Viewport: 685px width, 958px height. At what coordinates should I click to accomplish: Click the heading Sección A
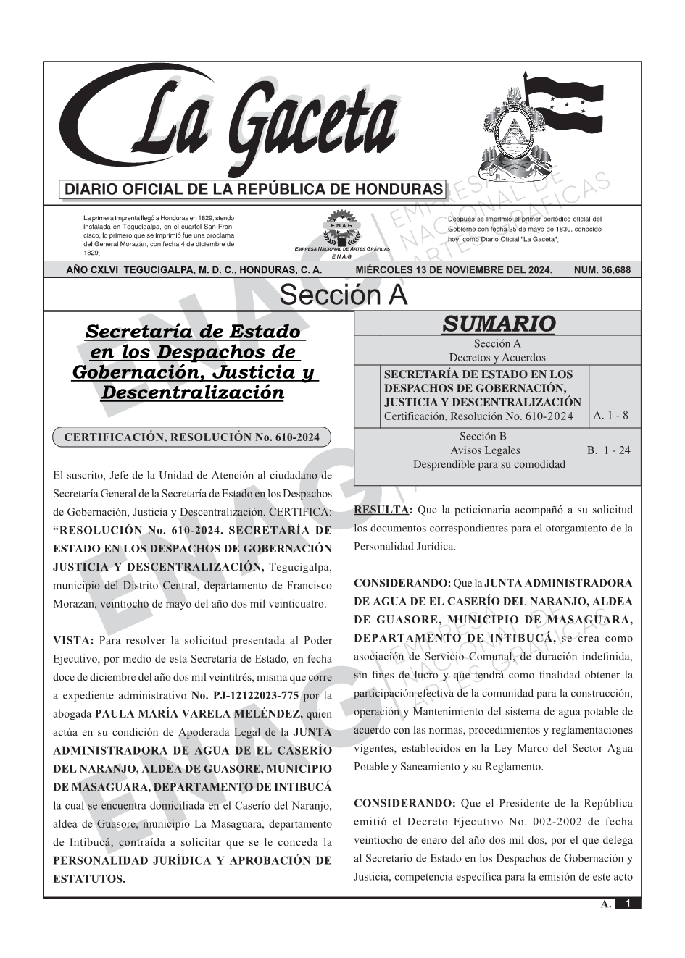pos(343,295)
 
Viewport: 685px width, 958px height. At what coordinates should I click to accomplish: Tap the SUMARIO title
pos(498,324)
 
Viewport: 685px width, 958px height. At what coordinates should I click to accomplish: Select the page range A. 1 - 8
pos(610,416)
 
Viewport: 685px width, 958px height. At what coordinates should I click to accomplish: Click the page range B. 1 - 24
pos(608,450)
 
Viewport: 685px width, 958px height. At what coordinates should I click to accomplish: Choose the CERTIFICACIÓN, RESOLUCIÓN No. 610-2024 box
pos(191,437)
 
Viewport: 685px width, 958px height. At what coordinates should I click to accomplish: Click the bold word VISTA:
pos(73,641)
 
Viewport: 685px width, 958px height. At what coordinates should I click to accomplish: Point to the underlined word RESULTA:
pos(383,510)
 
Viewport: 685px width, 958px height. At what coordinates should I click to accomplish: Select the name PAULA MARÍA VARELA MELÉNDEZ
pos(201,714)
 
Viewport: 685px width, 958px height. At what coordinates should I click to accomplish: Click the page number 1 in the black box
pos(628,904)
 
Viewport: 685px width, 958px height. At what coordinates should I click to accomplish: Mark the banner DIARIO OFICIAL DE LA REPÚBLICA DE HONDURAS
pos(254,190)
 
